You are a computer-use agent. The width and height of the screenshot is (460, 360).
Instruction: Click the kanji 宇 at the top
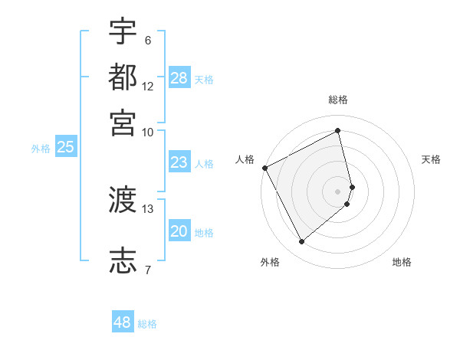(x=123, y=32)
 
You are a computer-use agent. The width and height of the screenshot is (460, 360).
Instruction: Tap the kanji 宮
(x=123, y=123)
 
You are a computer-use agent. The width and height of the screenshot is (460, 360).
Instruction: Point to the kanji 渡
(x=123, y=201)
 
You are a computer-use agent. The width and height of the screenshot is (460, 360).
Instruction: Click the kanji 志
(x=123, y=260)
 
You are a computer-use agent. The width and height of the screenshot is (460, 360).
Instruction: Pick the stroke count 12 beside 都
(x=148, y=86)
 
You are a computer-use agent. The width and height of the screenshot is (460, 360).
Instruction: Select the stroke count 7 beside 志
(x=148, y=270)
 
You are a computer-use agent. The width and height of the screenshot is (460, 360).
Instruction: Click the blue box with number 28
(x=179, y=77)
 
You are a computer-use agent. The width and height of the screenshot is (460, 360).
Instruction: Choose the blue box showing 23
(x=179, y=162)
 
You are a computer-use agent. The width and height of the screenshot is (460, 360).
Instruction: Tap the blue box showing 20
(x=179, y=231)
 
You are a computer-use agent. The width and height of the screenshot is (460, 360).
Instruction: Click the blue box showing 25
(x=65, y=147)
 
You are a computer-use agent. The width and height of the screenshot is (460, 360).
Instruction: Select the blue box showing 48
(x=123, y=322)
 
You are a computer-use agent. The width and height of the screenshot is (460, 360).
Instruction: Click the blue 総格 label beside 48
(x=148, y=324)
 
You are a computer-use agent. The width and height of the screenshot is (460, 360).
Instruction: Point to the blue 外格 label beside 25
(x=41, y=149)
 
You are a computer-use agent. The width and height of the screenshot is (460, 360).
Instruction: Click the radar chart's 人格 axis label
(x=245, y=159)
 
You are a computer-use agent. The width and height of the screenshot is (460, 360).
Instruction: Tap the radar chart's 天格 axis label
(x=431, y=159)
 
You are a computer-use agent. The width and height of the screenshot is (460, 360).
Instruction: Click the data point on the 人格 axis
(x=264, y=168)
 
